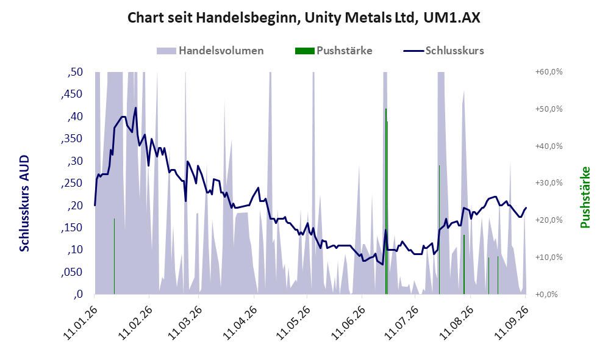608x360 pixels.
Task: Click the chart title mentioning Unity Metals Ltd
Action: coord(304,18)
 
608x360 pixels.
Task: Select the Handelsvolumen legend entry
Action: coord(210,51)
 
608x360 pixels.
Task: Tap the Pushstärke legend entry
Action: coord(334,51)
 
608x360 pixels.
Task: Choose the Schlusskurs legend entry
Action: coord(443,51)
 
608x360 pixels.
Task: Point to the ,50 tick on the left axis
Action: coord(75,72)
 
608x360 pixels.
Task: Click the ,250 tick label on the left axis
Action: coord(72,183)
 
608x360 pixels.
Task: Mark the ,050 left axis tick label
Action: coord(72,272)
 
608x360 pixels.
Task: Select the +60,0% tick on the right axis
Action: coord(549,72)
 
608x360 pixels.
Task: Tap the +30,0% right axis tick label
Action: coord(549,182)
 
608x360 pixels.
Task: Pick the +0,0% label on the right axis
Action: coord(546,294)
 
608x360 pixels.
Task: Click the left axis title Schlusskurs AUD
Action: coord(24,203)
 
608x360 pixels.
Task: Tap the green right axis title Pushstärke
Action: coord(585,198)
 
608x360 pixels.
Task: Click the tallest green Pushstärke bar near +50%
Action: coord(386,201)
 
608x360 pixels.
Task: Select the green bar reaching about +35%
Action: coord(439,229)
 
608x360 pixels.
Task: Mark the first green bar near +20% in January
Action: coord(114,256)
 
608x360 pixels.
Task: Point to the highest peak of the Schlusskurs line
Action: coord(136,108)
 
